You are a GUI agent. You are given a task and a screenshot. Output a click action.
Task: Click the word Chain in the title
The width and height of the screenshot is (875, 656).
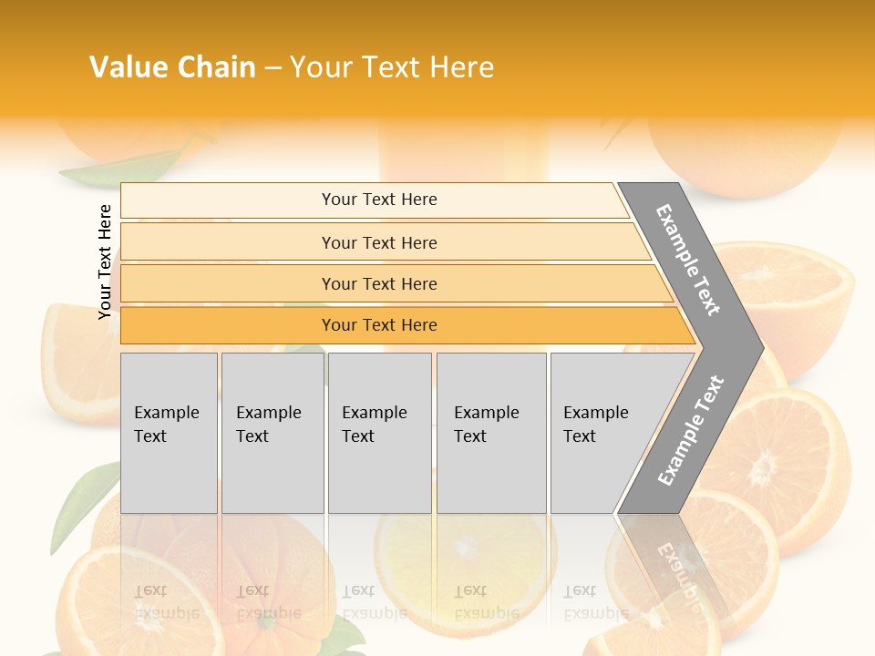[216, 67]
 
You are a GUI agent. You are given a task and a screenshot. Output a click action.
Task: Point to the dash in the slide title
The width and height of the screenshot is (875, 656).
[273, 68]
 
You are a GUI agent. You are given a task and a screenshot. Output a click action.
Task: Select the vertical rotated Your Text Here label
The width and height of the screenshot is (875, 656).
[105, 261]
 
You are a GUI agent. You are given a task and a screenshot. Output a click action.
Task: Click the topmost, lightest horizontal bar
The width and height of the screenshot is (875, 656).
[379, 200]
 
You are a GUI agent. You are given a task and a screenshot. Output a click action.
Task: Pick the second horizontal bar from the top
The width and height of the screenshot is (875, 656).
[379, 242]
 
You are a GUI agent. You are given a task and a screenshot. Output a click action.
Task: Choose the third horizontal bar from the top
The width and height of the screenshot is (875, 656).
[379, 283]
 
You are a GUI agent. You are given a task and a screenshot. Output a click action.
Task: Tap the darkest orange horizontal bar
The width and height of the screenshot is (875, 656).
[379, 325]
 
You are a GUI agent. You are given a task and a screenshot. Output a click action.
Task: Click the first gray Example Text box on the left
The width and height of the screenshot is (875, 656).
[169, 432]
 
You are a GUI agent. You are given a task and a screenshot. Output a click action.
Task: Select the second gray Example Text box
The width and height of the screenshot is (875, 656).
[272, 432]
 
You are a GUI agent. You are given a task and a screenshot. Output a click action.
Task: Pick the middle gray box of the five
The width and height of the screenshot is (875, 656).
[379, 432]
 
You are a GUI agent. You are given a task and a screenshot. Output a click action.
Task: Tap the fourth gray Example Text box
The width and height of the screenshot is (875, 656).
[490, 432]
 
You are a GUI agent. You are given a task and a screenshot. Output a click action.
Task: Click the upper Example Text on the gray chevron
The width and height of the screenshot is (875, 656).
[689, 260]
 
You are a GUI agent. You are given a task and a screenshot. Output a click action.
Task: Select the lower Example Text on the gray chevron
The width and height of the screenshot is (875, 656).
[691, 430]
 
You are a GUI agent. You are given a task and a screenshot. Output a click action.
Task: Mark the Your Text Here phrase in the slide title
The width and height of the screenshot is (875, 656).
[392, 67]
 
